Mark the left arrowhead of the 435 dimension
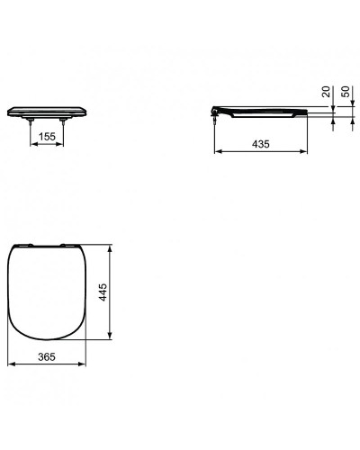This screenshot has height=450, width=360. [x=216, y=152]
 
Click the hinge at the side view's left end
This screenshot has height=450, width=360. [x=213, y=111]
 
